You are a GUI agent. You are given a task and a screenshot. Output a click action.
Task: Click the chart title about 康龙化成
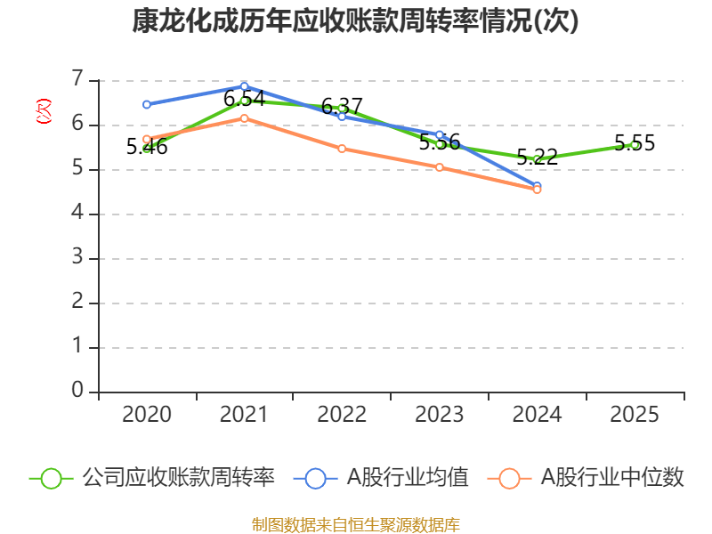pos(356,21)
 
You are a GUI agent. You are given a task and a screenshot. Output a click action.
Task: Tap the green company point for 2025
pos(635,144)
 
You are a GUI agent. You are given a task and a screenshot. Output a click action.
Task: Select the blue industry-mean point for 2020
pos(147,104)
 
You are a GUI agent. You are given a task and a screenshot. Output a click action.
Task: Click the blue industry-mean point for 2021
pos(244,86)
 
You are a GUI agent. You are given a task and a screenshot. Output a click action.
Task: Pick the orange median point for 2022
pos(342,149)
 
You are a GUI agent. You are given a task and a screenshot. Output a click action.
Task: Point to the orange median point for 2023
pos(440,167)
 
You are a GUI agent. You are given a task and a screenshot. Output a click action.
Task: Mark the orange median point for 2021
pos(244,117)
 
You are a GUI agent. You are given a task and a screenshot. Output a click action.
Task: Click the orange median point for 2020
pos(147,139)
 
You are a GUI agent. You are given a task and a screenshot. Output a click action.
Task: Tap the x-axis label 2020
pos(147,415)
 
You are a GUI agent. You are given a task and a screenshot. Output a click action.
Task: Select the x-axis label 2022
pos(342,415)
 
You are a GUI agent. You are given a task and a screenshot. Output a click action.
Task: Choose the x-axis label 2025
pos(635,415)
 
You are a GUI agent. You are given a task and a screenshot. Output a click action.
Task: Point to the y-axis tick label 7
pos(77,80)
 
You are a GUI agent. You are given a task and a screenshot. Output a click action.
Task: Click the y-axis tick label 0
pos(77,392)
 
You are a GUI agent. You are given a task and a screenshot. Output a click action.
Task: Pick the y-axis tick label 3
pos(77,258)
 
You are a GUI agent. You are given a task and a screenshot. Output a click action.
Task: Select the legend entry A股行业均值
pos(386,478)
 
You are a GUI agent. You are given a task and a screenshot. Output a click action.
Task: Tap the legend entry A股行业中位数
pos(587,478)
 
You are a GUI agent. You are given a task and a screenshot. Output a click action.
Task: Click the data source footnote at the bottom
pos(356,524)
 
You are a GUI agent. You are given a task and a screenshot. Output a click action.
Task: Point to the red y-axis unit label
pos(43,111)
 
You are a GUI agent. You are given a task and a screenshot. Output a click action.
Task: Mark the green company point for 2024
pos(537,159)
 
